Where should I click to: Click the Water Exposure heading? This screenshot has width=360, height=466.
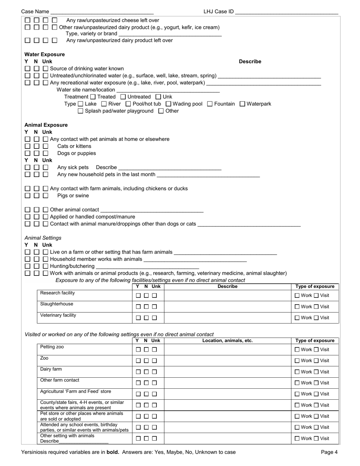(x=44, y=54)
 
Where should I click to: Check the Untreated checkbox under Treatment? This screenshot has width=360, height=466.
(x=122, y=97)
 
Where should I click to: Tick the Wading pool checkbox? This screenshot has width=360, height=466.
(x=169, y=104)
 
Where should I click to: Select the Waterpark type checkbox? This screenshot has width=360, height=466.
(x=243, y=104)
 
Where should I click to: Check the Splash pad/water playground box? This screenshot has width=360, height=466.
(x=80, y=111)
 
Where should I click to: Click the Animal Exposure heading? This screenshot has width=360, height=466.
(x=46, y=125)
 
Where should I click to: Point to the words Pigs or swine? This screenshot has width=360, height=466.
(x=73, y=196)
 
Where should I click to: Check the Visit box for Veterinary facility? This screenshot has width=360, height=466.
(x=316, y=318)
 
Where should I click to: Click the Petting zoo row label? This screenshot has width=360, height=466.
(x=52, y=347)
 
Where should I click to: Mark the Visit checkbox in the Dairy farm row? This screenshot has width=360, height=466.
(x=316, y=372)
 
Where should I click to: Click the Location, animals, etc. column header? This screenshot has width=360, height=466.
(x=227, y=341)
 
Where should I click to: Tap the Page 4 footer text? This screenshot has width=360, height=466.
(x=329, y=452)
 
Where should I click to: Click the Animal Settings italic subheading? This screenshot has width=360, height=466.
(x=43, y=238)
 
